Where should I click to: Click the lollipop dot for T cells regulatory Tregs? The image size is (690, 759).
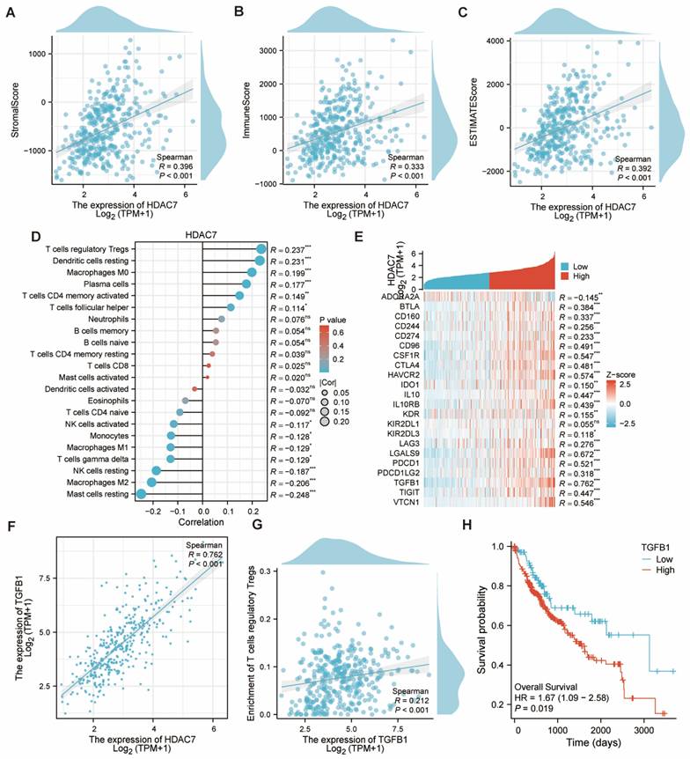[x=261, y=249]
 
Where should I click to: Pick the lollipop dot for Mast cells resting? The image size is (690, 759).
[x=140, y=495]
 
